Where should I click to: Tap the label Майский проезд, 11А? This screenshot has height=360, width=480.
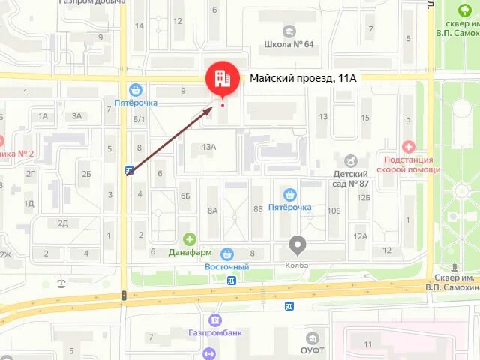[302, 77]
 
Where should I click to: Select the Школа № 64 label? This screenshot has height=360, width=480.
[289, 44]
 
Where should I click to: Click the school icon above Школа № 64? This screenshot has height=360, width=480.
[289, 31]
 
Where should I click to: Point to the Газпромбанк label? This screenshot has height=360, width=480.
[215, 332]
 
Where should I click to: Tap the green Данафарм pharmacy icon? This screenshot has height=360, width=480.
[190, 239]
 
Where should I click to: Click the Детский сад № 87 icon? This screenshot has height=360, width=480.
[350, 160]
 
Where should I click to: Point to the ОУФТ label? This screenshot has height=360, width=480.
[312, 349]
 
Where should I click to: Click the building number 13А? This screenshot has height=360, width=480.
[208, 148]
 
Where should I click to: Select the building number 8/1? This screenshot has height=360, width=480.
[139, 119]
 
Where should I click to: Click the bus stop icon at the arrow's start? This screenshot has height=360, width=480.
[130, 171]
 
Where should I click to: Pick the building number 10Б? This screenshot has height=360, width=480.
[334, 211]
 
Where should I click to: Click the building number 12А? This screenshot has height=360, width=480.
[361, 236]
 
